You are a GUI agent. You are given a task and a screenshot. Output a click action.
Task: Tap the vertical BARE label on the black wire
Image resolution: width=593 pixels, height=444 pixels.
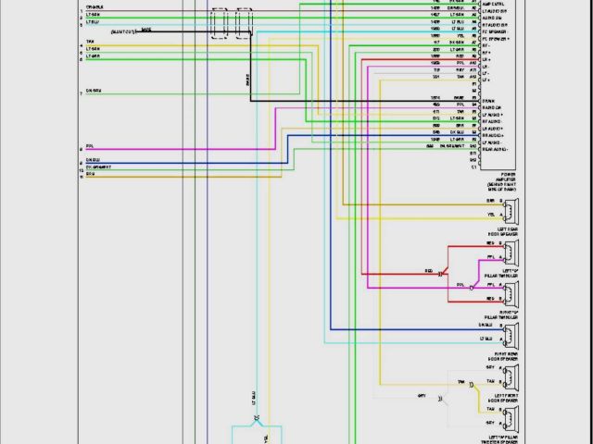click(x=247, y=80)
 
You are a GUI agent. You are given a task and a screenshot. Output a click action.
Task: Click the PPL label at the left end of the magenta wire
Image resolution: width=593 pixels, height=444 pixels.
click(x=90, y=145)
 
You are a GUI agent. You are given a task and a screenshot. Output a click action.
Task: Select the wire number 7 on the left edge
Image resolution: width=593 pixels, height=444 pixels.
click(x=81, y=94)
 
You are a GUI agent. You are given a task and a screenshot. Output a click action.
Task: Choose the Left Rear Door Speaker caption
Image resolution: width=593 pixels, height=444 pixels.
click(x=508, y=231)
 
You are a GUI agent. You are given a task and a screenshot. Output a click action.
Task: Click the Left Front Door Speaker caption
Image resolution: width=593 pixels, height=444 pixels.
click(x=508, y=398)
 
